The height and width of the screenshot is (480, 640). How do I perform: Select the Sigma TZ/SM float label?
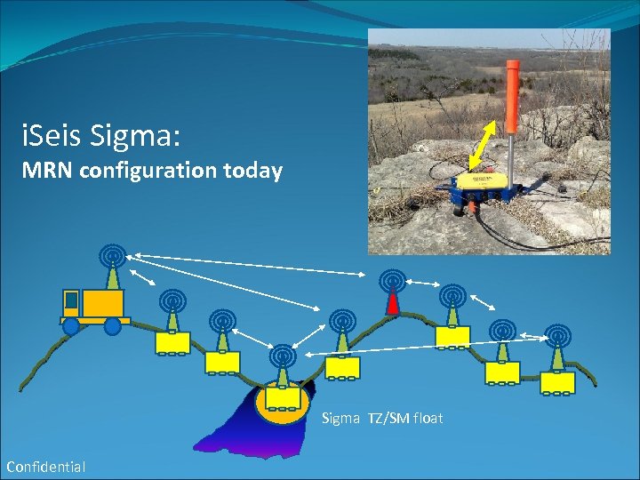[381, 418]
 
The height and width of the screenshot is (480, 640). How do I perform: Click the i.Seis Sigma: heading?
[101, 136]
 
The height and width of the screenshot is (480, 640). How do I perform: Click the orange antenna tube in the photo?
[513, 97]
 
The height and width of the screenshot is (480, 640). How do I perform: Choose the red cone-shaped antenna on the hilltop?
[392, 303]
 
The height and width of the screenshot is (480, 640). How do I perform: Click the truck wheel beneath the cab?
[71, 326]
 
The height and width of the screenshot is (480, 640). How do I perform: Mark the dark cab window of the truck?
[71, 300]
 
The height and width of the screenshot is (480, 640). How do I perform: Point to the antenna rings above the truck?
[112, 256]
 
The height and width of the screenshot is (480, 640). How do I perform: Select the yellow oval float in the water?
[282, 403]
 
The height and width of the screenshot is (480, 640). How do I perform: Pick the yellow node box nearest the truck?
[172, 342]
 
